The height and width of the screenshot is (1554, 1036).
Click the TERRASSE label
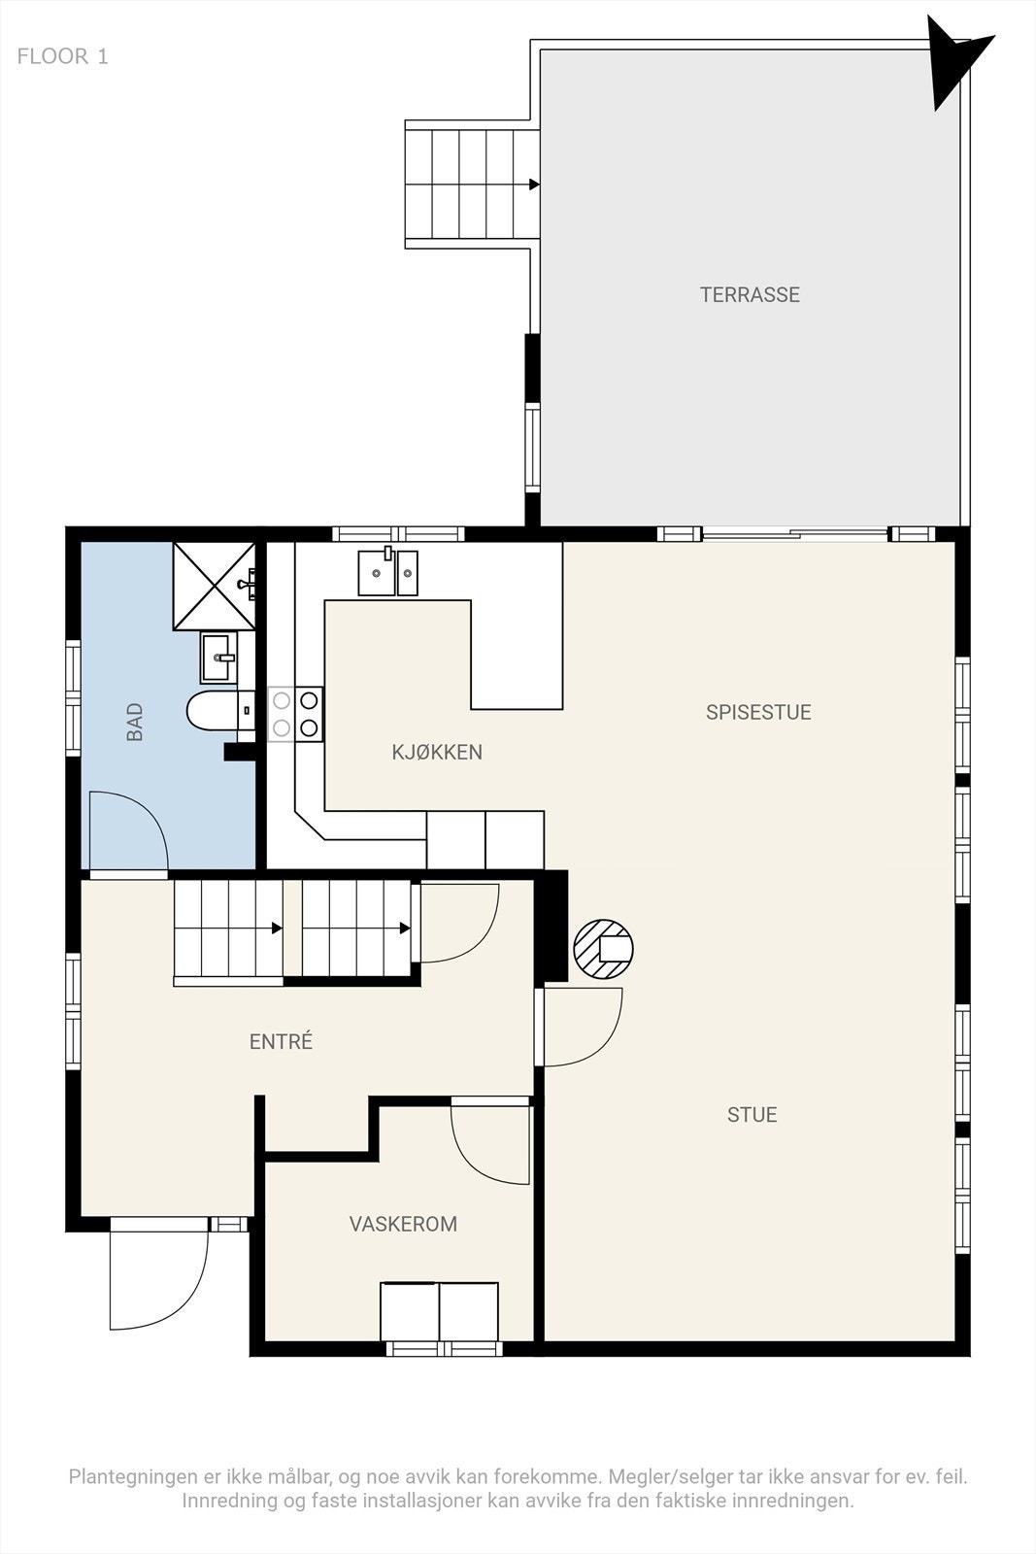[x=750, y=295]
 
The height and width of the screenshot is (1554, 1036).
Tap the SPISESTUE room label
[x=758, y=713]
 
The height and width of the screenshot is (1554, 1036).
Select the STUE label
[x=752, y=1115]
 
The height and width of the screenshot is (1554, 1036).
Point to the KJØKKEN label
[x=437, y=752]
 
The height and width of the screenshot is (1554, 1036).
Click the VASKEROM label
[x=403, y=1224]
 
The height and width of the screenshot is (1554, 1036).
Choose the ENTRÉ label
[x=281, y=1040]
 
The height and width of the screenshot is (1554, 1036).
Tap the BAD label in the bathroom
[x=135, y=723]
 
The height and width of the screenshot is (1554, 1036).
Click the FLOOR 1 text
[x=62, y=56]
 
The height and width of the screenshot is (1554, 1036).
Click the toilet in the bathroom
[x=220, y=710]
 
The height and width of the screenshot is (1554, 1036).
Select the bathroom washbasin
[x=219, y=657]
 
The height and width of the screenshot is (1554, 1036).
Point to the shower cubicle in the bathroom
[x=215, y=587]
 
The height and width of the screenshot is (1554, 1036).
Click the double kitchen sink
[x=388, y=572]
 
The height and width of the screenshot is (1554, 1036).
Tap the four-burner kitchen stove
[x=295, y=714]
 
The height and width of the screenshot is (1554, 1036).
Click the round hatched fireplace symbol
[x=603, y=949]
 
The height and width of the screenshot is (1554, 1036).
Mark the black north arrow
[x=954, y=61]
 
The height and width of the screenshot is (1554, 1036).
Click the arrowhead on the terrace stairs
[x=534, y=185]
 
